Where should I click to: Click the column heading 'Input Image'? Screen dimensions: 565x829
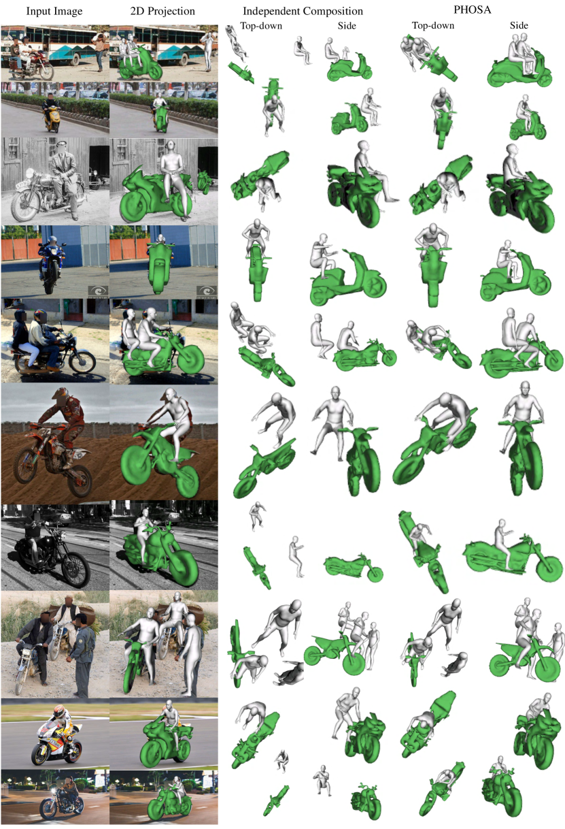point(54,12)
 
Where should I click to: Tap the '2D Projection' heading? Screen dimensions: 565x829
point(162,12)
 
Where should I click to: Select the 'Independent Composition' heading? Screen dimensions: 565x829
point(303,12)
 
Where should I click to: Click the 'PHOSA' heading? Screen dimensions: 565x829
point(472,10)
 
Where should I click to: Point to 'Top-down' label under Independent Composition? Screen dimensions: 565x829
point(262,26)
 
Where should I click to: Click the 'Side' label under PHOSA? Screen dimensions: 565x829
point(519,26)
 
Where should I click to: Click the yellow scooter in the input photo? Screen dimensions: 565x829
point(52,118)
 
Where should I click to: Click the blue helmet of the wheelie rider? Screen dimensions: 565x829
point(53,240)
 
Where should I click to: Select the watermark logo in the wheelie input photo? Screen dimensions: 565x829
point(98,291)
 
